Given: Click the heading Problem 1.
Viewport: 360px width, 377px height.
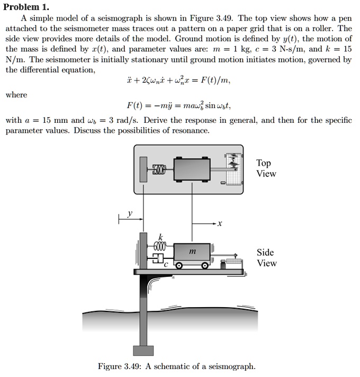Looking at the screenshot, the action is [27, 6].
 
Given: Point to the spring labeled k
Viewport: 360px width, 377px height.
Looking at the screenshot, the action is [160, 246].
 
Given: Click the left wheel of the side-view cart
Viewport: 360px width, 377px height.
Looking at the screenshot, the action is [180, 265].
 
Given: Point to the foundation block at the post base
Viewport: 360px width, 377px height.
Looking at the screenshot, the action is [143, 350].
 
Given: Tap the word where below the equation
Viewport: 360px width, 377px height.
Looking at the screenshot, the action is [16, 95].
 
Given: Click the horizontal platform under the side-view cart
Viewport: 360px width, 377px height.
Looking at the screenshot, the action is [191, 272].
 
